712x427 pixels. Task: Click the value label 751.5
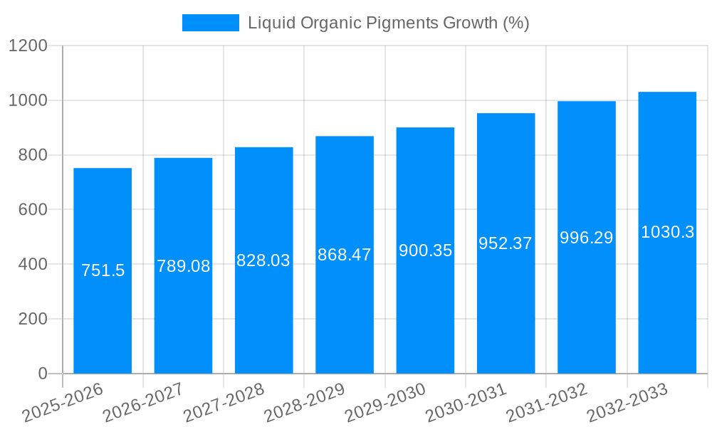(103, 270)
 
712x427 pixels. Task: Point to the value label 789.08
(184, 266)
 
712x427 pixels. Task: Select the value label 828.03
(263, 260)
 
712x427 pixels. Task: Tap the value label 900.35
(425, 251)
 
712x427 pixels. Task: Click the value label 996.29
(586, 238)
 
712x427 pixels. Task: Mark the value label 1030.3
(667, 232)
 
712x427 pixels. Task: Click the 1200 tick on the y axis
(28, 46)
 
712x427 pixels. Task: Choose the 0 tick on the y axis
(43, 374)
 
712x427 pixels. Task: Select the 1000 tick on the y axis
(28, 101)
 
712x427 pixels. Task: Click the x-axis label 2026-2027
(142, 403)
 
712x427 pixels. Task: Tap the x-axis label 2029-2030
(384, 403)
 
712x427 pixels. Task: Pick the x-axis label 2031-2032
(546, 403)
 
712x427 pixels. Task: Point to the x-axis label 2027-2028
(224, 403)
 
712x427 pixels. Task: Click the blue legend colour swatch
(211, 23)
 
